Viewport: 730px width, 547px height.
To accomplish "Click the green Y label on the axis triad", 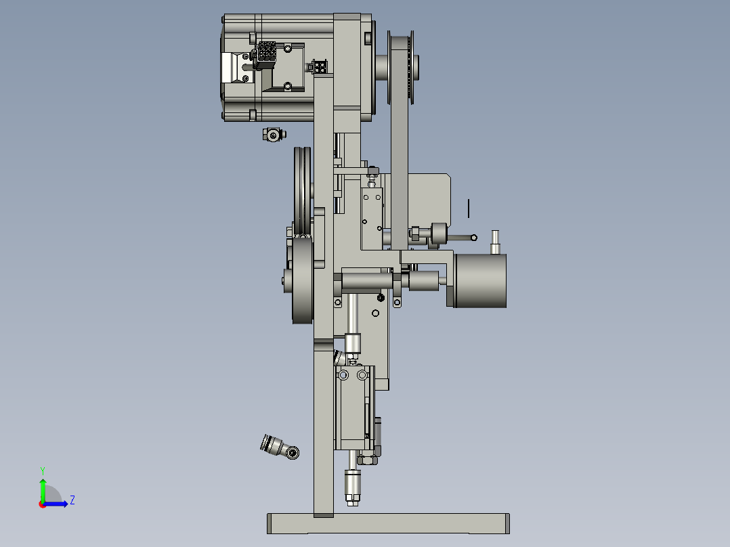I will (x=42, y=470).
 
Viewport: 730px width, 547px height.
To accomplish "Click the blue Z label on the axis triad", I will (x=72, y=500).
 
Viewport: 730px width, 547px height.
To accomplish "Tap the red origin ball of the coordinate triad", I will (x=43, y=504).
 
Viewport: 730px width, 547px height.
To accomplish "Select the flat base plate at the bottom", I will (x=388, y=524).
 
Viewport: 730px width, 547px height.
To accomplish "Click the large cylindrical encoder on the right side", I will (x=481, y=280).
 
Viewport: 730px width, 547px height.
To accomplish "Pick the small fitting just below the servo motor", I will (x=273, y=135).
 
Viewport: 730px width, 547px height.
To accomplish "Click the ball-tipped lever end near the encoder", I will (x=473, y=238).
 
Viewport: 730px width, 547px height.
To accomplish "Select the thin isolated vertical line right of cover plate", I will (x=469, y=209).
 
